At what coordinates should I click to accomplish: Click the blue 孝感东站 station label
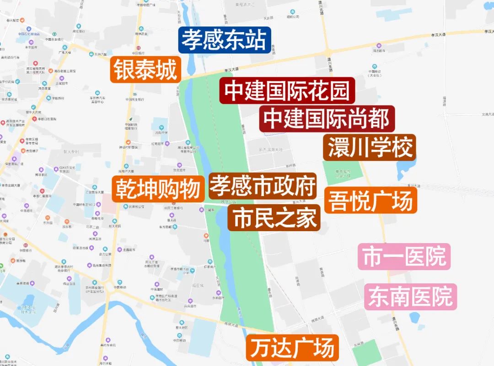[x=224, y=40]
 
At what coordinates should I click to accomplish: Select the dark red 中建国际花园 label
[x=287, y=90]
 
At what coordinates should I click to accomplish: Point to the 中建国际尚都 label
[x=327, y=119]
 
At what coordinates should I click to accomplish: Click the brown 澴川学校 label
[x=370, y=147]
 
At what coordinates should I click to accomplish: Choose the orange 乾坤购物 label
[x=158, y=189]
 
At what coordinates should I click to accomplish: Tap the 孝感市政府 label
[x=263, y=186]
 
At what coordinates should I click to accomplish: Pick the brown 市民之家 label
[x=274, y=217]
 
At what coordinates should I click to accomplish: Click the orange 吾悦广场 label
[x=371, y=200]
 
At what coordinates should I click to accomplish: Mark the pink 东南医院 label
[x=410, y=297]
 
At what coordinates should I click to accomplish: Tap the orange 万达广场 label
[x=292, y=348]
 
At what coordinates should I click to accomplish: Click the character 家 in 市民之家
[x=306, y=217]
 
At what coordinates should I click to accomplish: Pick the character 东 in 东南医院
[x=379, y=297]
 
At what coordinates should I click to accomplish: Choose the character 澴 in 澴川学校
[x=338, y=147]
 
